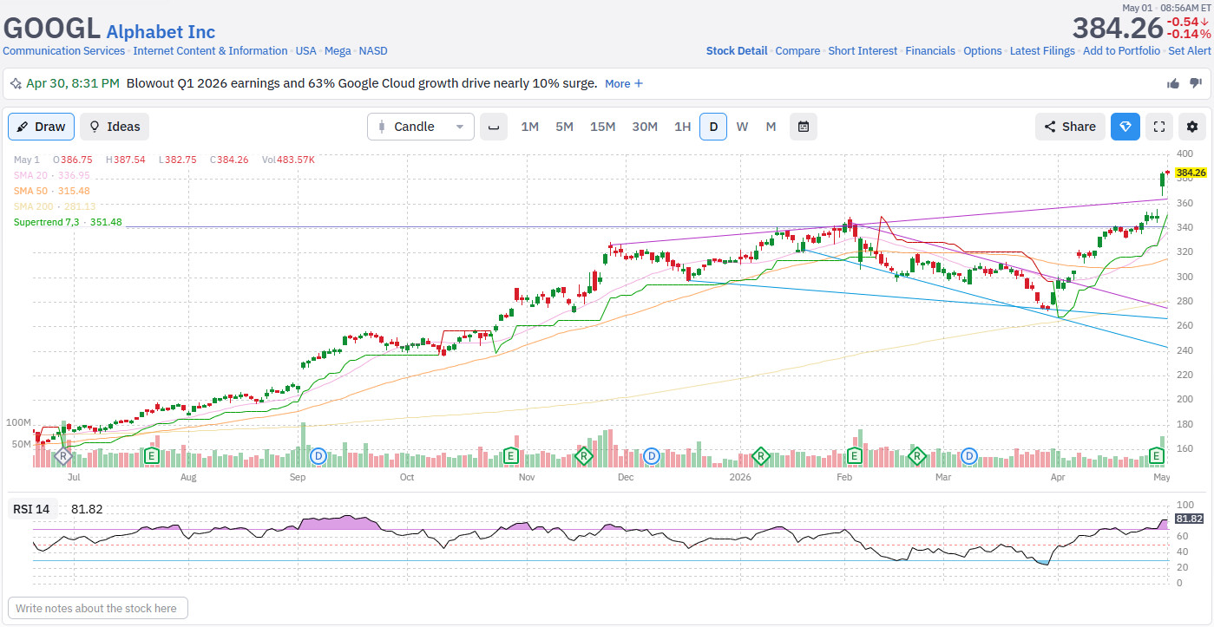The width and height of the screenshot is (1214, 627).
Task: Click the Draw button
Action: point(41,127)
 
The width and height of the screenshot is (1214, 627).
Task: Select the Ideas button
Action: point(115,127)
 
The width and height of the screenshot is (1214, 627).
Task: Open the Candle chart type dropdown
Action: point(421,127)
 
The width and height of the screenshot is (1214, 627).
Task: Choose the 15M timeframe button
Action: point(602,127)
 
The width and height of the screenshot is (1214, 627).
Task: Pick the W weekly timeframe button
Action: point(742,127)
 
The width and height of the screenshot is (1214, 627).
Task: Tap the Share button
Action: point(1070,127)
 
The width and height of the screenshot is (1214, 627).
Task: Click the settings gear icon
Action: point(1191,127)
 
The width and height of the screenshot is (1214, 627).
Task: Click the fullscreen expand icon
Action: point(1159,127)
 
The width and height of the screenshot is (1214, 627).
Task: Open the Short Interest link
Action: point(863,51)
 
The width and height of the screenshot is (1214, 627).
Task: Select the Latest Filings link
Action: point(1041,51)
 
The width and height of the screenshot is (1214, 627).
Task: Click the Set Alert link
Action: point(1189,51)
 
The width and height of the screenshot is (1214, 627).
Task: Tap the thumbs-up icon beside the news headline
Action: point(1173,83)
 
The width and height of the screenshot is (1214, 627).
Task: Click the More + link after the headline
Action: point(624,83)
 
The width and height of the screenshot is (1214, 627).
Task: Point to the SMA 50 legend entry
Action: point(51,191)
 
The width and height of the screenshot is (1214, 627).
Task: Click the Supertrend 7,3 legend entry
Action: point(68,222)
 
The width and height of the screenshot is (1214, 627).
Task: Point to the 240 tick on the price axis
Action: point(1184,350)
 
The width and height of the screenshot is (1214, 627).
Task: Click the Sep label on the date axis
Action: point(298,477)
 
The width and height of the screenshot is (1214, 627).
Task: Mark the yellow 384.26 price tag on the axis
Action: point(1191,173)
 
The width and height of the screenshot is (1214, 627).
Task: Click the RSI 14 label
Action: point(31,510)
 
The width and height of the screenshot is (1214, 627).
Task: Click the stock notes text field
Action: point(98,608)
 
